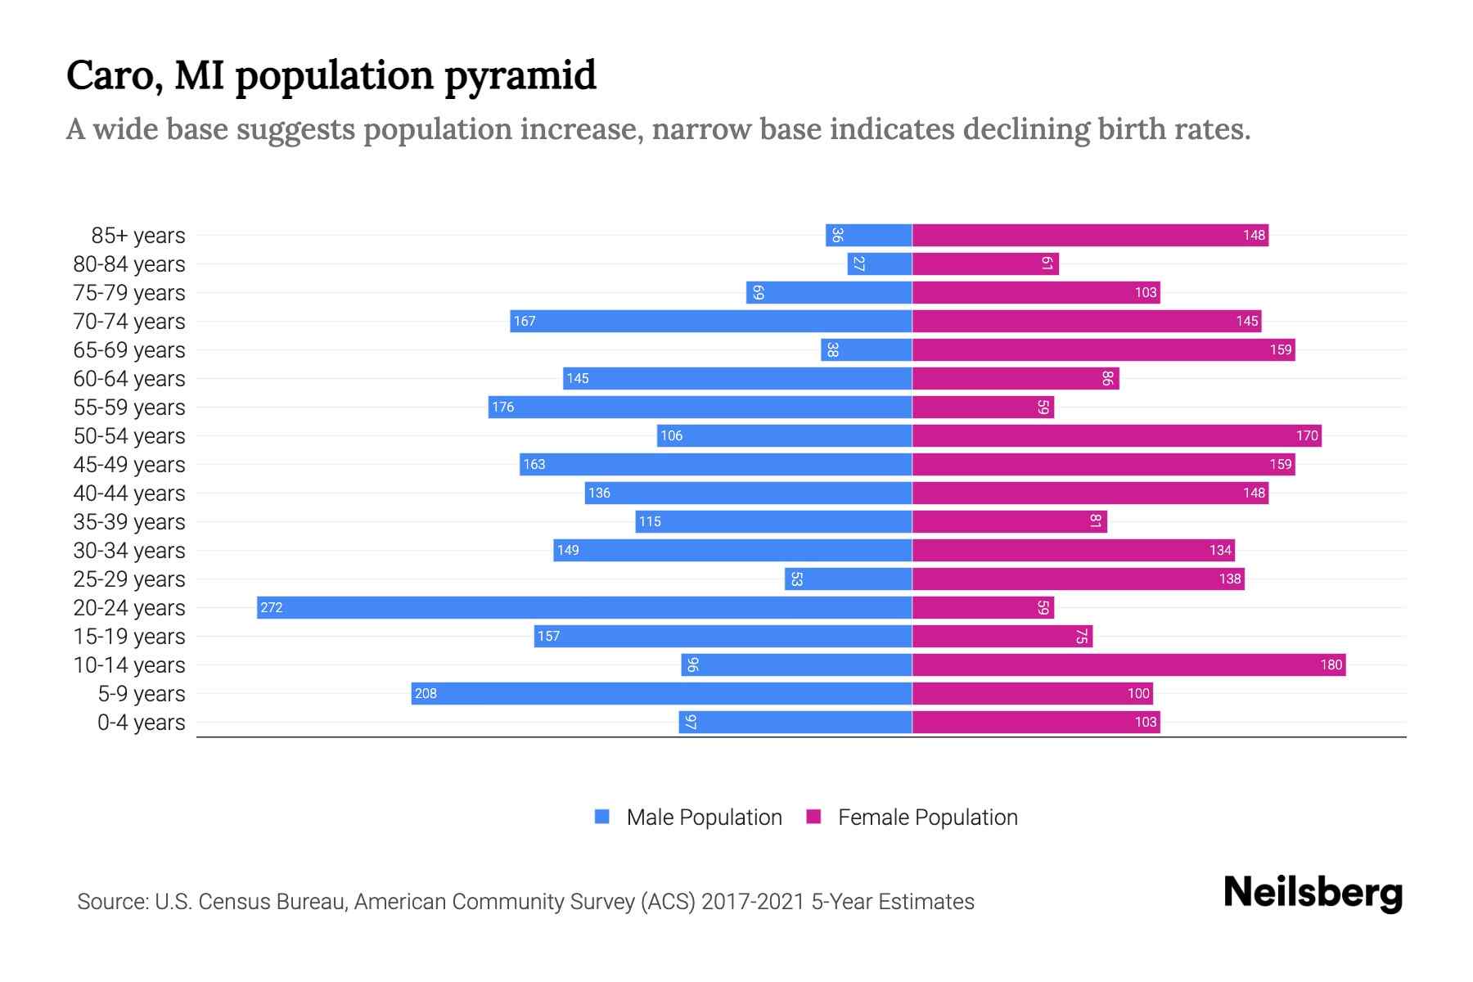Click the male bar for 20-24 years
click(x=584, y=607)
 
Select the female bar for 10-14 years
click(x=1128, y=664)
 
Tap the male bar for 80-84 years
click(x=880, y=264)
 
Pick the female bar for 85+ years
click(x=1090, y=235)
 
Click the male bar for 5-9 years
click(x=661, y=693)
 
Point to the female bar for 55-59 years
click(x=983, y=407)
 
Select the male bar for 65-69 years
click(x=867, y=349)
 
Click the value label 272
click(x=272, y=607)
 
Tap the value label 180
click(x=1331, y=664)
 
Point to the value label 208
click(x=426, y=693)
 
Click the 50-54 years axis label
click(x=129, y=436)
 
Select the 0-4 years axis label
click(x=141, y=723)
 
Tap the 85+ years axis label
click(x=138, y=236)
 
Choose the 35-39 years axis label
click(x=129, y=522)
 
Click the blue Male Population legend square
click(x=602, y=817)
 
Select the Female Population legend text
click(x=927, y=817)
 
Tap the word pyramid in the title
click(x=520, y=76)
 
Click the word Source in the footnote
click(x=112, y=902)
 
